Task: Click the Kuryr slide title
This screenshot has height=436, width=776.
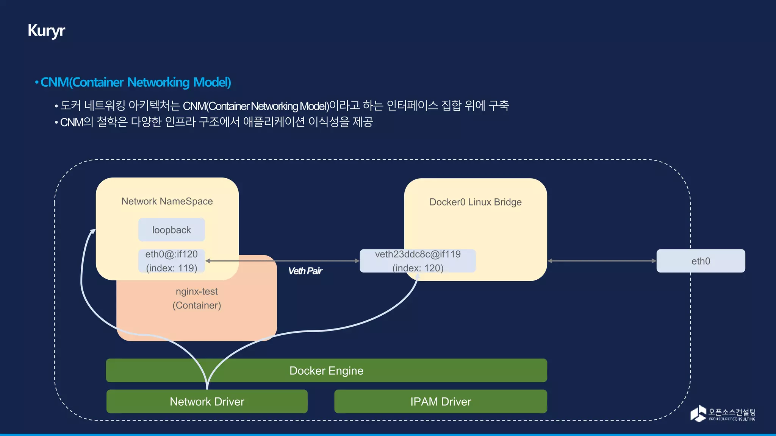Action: pyautogui.click(x=46, y=31)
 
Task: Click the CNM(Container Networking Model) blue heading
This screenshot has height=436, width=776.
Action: pyautogui.click(x=136, y=82)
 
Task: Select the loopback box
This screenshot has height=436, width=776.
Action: pyautogui.click(x=171, y=230)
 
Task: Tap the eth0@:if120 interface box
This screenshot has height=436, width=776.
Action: pyautogui.click(x=171, y=261)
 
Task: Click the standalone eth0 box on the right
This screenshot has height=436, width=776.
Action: pyautogui.click(x=700, y=261)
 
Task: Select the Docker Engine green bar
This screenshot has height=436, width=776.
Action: pyautogui.click(x=326, y=371)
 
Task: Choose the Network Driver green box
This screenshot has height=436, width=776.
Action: pyautogui.click(x=207, y=402)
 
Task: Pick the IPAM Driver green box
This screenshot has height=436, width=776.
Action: pyautogui.click(x=440, y=402)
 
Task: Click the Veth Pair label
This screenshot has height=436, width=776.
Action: pyautogui.click(x=305, y=271)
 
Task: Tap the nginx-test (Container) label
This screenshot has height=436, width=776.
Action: pyautogui.click(x=197, y=298)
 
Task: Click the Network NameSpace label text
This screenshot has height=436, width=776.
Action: pyautogui.click(x=167, y=201)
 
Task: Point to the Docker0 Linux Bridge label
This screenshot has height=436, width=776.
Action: pyautogui.click(x=475, y=202)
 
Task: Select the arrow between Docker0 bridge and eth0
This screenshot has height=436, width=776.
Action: pyautogui.click(x=602, y=261)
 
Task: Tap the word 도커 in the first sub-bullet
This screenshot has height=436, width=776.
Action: pyautogui.click(x=70, y=106)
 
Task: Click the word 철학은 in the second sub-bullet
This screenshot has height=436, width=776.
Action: pyautogui.click(x=112, y=122)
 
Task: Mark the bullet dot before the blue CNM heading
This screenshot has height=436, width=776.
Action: pyautogui.click(x=37, y=83)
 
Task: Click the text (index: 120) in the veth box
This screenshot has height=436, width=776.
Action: pyautogui.click(x=418, y=268)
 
